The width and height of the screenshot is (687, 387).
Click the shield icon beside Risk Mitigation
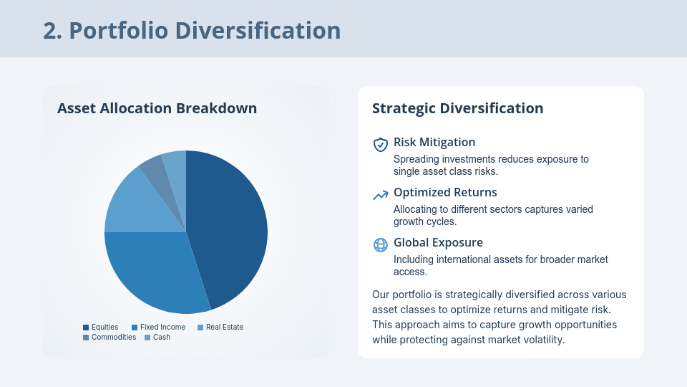(381, 144)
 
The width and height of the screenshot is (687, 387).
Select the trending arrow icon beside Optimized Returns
(381, 195)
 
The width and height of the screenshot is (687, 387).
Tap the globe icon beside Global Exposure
(381, 244)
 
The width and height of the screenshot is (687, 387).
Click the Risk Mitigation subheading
(434, 143)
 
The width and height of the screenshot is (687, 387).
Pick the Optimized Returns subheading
(445, 193)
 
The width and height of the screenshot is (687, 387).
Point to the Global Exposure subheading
(438, 243)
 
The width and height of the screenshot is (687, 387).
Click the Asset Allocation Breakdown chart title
(157, 108)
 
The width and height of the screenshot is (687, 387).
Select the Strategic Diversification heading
(457, 108)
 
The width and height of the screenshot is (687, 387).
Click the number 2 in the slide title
(49, 30)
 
